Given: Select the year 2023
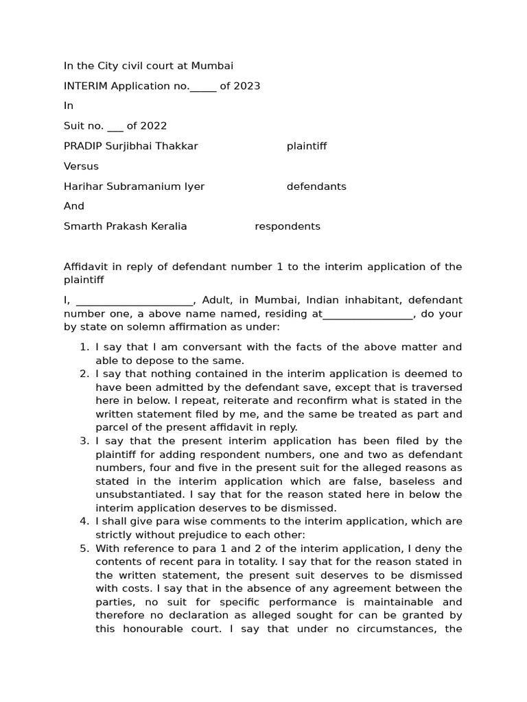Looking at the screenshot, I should click(x=248, y=86).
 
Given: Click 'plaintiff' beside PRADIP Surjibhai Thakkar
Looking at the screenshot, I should click(x=307, y=146).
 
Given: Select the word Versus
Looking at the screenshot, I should click(x=81, y=166).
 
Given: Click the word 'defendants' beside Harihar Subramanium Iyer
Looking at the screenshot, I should click(x=316, y=186).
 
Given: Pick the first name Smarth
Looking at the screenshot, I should click(x=82, y=226).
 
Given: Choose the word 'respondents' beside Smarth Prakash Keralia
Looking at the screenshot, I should click(x=288, y=226).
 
